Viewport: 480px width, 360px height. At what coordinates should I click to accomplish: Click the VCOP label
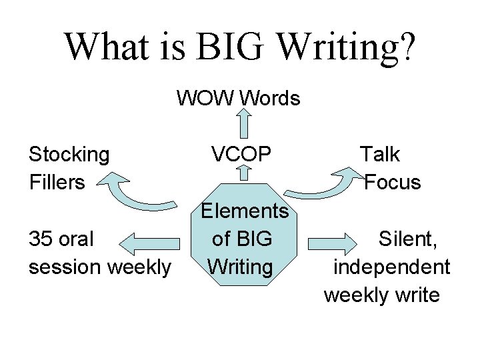pyautogui.click(x=241, y=155)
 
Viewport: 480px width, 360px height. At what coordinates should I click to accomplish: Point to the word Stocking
pyautogui.click(x=69, y=155)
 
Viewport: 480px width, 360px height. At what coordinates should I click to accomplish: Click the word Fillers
pyautogui.click(x=57, y=181)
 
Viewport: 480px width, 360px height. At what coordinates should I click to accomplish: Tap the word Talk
pyautogui.click(x=380, y=155)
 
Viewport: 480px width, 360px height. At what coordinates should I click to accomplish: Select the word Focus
pyautogui.click(x=393, y=181)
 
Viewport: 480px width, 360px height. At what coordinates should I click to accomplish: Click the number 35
pyautogui.click(x=41, y=238)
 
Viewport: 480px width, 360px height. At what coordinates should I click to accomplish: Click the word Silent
pyautogui.click(x=408, y=238)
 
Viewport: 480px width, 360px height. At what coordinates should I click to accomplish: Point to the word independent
pyautogui.click(x=391, y=267)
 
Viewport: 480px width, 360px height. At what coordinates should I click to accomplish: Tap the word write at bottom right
pyautogui.click(x=415, y=294)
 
